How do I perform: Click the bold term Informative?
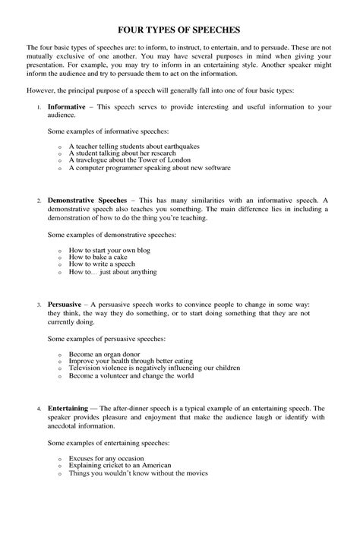[x=66, y=108]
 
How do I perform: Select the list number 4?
[x=38, y=409]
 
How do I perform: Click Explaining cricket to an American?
[x=120, y=465]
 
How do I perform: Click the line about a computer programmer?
[x=149, y=167]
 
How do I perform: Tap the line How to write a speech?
[x=102, y=264]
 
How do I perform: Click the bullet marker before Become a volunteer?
[x=59, y=375]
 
